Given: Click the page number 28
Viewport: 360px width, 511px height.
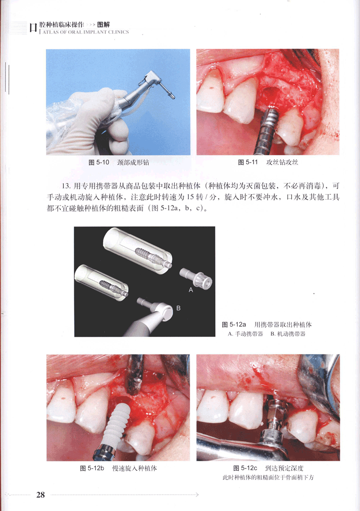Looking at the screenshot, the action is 41,494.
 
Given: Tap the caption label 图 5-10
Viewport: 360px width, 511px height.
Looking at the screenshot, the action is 99,163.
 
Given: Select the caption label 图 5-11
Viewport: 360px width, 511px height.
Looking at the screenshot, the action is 248,162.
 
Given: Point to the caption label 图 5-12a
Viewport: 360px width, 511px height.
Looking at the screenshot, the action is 234,324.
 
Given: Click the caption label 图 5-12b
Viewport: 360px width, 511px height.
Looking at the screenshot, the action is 92,468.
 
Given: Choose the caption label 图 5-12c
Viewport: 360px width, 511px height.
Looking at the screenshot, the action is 245,468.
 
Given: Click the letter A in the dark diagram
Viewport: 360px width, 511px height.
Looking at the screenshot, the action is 191,290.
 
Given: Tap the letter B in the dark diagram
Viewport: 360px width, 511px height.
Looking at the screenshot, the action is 178,308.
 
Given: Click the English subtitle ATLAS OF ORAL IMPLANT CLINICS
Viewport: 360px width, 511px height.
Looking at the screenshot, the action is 86,32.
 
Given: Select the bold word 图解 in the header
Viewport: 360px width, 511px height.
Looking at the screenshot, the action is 103,25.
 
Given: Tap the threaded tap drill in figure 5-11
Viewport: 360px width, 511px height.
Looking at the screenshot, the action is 266,131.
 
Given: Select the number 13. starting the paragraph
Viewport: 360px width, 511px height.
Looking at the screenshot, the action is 66,186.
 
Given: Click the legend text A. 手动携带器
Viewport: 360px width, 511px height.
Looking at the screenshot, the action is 245,334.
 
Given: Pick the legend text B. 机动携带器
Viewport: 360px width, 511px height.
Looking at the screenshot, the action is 288,334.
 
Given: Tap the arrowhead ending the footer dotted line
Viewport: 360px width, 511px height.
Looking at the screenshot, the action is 197,495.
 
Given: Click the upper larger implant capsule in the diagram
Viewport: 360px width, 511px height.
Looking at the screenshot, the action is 138,250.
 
